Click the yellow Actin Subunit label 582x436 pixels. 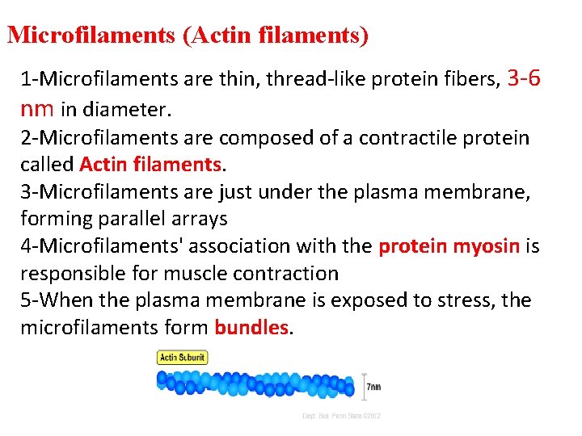coord(183,357)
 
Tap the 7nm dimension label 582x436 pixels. coord(373,387)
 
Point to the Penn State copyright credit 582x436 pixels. coord(341,415)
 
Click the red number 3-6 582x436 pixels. coord(523,78)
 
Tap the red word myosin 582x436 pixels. coord(491,245)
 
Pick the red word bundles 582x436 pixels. coord(251,328)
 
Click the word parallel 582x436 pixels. coord(132,219)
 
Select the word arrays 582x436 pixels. coord(199,219)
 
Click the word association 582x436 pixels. coord(246,245)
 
